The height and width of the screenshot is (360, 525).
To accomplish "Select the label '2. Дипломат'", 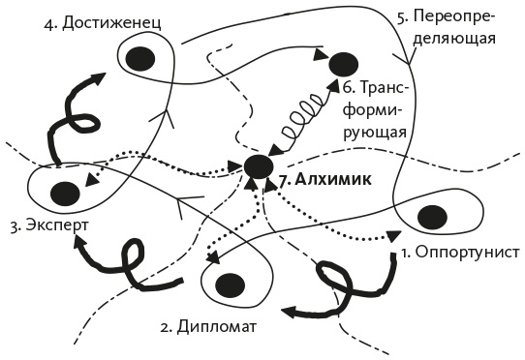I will (x=207, y=325).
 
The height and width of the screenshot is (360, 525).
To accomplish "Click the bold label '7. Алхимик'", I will (x=324, y=179).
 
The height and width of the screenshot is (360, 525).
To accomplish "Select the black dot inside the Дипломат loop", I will (x=230, y=285).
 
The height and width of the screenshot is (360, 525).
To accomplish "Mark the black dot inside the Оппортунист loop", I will (x=433, y=215).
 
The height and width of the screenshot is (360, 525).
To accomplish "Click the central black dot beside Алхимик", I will (x=258, y=165).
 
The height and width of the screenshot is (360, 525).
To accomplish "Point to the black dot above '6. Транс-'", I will (x=342, y=65).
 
